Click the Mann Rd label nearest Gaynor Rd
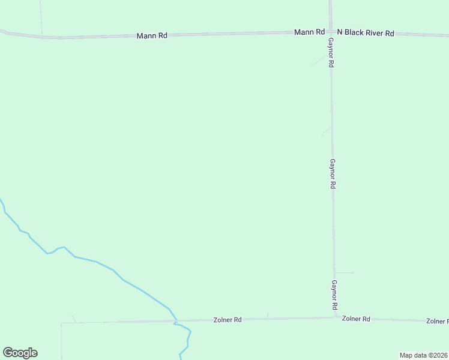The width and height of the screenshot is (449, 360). (309, 32)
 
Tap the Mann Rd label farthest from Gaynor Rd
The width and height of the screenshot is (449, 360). (152, 36)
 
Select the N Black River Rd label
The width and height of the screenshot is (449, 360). (365, 33)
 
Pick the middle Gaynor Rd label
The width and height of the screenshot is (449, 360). (332, 174)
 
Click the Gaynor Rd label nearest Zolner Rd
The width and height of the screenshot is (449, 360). (334, 295)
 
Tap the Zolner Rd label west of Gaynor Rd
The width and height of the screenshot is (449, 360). (228, 320)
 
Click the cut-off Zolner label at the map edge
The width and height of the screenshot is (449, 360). (437, 322)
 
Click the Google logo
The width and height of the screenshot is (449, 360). (20, 353)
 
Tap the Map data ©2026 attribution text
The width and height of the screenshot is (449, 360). (423, 355)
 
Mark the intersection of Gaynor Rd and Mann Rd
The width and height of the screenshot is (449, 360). (330, 32)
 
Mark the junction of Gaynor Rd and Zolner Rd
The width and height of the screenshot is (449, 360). (335, 317)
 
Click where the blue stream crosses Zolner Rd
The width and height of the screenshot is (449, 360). (175, 322)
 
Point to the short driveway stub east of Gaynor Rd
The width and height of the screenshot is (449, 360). (345, 272)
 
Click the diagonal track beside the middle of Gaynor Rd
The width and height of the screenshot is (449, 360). (327, 131)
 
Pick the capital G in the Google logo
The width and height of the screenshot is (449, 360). (8, 353)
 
